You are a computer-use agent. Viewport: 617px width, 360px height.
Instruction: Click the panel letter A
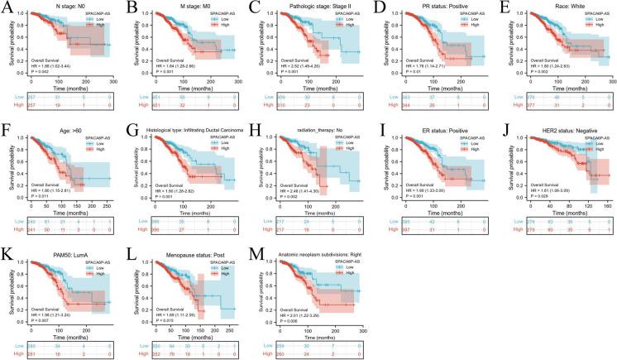coord(6,7)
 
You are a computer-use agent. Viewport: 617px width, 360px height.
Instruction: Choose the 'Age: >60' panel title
coord(49,128)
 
